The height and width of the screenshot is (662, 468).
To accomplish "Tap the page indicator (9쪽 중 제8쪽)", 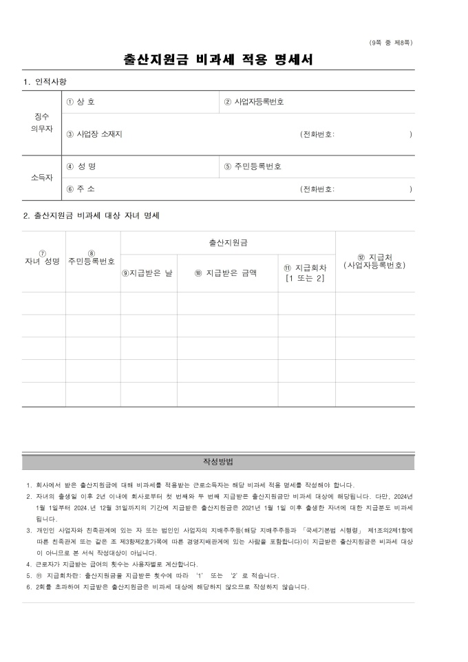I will coord(391,43).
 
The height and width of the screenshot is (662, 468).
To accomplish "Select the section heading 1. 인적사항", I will coord(45,82).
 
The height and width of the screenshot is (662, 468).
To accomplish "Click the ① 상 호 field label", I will coord(81,102).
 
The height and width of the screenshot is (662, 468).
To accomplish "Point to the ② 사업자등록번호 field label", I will coord(254,102).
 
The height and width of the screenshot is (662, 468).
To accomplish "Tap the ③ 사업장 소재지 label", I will coord(94,134).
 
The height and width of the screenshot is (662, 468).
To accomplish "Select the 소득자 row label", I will coord(43,178).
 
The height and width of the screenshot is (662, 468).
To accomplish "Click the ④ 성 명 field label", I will coord(81,167).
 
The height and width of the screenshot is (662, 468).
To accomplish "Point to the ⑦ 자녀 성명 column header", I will coord(43,259).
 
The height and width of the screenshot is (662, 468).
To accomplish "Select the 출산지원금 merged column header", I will coord(228,243).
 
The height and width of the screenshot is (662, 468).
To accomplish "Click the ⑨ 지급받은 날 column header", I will coord(147,273).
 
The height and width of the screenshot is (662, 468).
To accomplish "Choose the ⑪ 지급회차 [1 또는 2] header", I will coord(306,273).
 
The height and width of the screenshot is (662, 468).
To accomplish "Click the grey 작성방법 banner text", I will coord(218,461).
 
